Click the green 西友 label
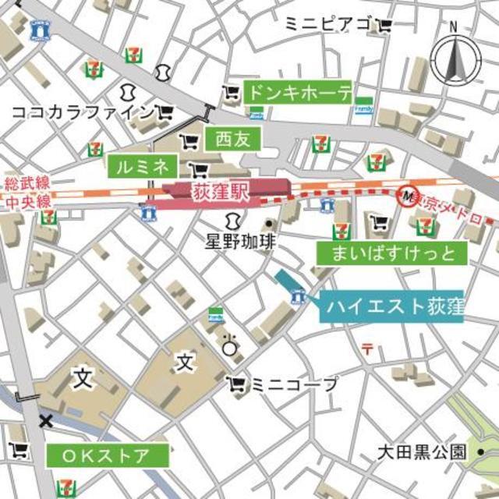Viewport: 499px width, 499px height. pyautogui.click(x=232, y=140)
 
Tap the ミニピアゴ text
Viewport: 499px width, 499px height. pyautogui.click(x=327, y=25)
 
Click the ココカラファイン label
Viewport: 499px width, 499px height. pyautogui.click(x=82, y=112)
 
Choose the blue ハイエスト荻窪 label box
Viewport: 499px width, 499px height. pyautogui.click(x=391, y=306)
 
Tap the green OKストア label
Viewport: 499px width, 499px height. pyautogui.click(x=108, y=455)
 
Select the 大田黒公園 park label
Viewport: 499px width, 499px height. pyautogui.click(x=421, y=451)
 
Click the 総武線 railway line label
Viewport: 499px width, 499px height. pyautogui.click(x=27, y=183)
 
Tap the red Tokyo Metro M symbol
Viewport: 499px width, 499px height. pyautogui.click(x=405, y=195)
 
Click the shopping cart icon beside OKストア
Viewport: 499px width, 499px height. pyautogui.click(x=19, y=451)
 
